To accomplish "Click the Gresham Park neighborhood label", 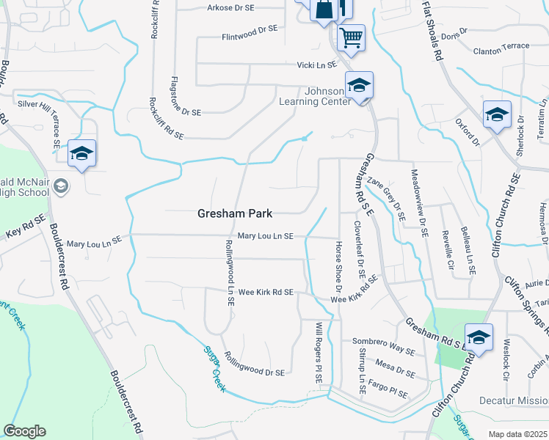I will tap(235, 213).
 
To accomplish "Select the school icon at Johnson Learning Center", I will tap(359, 86).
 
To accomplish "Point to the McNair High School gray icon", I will tap(61, 186).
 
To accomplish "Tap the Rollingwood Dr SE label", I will tap(255, 373).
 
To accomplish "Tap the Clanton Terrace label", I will tap(501, 46).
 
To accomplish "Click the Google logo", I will tap(24, 431).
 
